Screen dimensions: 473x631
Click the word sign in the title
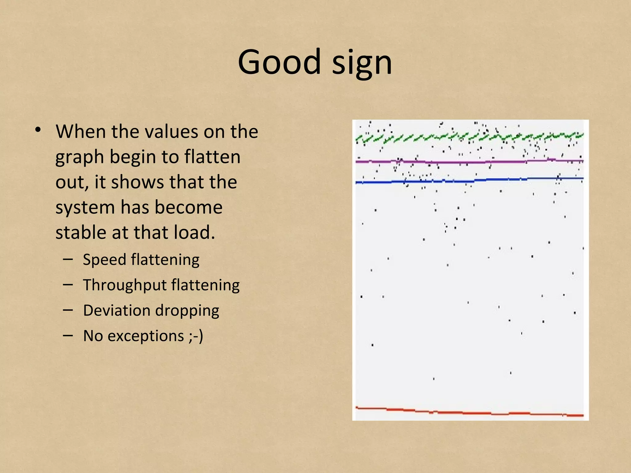click(362, 63)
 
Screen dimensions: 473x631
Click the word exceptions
click(146, 336)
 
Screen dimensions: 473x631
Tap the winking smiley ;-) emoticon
click(196, 336)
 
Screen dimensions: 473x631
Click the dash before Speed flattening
click(68, 260)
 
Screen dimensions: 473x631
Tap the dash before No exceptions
click(68, 336)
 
